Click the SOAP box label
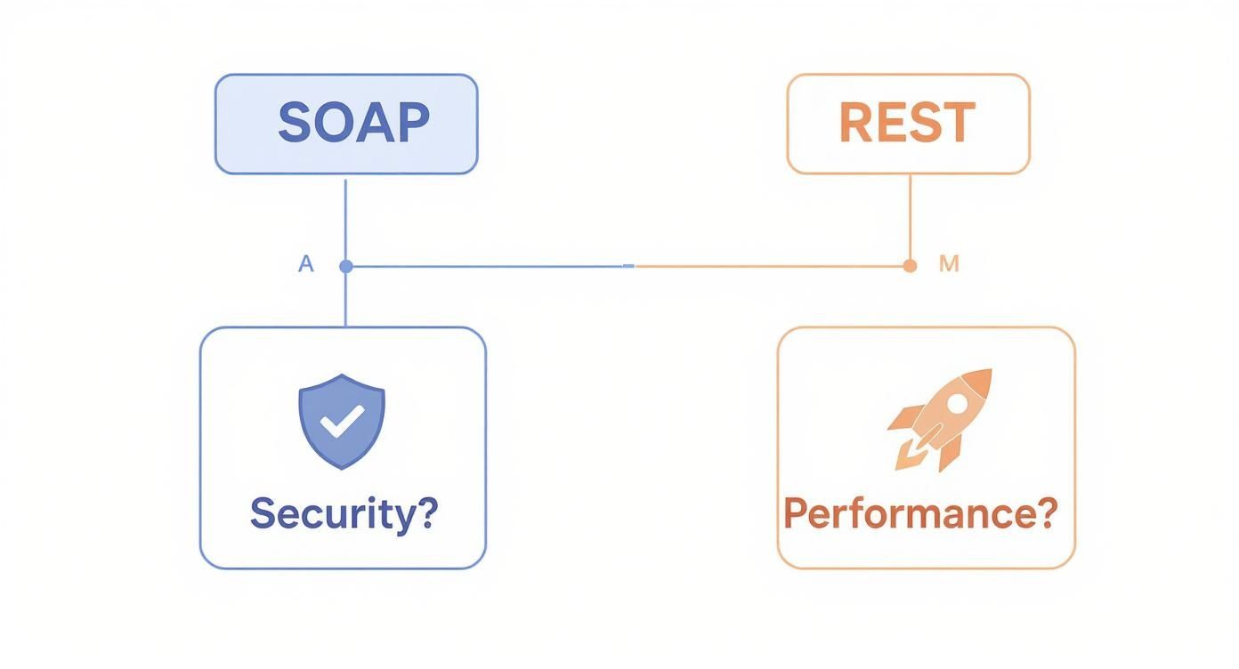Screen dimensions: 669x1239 (353, 123)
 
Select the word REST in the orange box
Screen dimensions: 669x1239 (907, 123)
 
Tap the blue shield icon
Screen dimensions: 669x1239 (342, 421)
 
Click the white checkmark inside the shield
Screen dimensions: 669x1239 (342, 420)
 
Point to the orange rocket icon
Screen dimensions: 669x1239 (940, 418)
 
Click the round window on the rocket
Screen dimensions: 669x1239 (956, 403)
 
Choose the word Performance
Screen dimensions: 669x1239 (907, 514)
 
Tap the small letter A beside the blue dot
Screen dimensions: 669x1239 (306, 264)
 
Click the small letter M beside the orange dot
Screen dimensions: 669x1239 (949, 264)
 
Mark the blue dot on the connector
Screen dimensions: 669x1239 (346, 266)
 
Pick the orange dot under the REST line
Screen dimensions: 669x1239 (909, 266)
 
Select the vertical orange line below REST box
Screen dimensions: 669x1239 (910, 218)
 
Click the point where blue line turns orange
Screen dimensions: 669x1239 (630, 266)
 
